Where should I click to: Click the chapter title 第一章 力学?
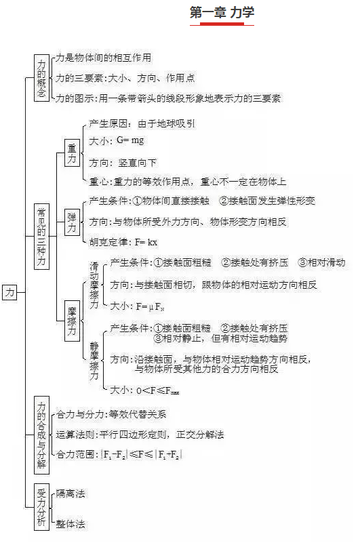(x=222, y=12)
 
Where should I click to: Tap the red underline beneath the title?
(x=222, y=24)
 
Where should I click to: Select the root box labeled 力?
(x=9, y=292)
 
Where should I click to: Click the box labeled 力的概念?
(x=41, y=78)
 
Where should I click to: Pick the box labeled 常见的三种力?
(x=41, y=237)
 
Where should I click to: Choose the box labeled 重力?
(x=72, y=153)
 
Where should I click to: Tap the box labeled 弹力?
(x=72, y=222)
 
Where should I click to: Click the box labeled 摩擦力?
(x=72, y=321)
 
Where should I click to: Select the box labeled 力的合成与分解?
(x=41, y=435)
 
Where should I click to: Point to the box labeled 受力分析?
(x=41, y=507)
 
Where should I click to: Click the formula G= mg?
(x=130, y=140)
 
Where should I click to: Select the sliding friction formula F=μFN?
(x=150, y=306)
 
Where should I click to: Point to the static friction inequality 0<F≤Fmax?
(x=158, y=390)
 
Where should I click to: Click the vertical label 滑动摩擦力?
(x=94, y=285)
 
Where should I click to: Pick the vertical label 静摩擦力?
(x=94, y=361)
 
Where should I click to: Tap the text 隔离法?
(x=71, y=493)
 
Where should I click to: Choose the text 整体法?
(x=71, y=524)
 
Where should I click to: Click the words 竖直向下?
(x=137, y=163)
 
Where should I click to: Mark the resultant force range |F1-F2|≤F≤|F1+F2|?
(x=141, y=455)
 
